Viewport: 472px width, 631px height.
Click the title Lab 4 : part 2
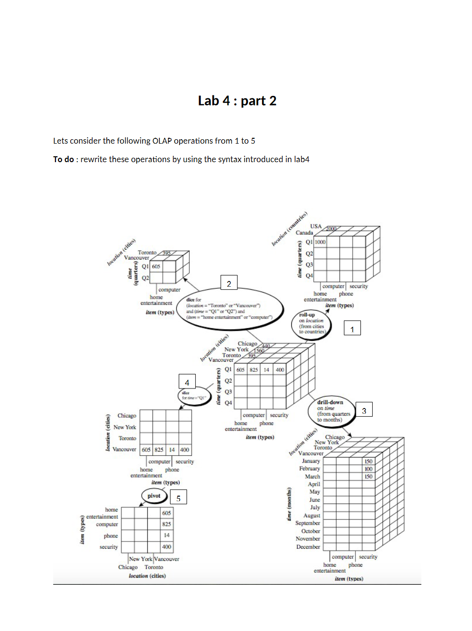pos(237,101)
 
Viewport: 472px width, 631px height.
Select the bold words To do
pos(63,159)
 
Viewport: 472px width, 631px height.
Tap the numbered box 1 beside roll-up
pos(352,329)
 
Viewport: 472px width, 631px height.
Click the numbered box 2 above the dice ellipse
pos(229,284)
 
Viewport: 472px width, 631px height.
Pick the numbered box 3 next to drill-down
pos(364,410)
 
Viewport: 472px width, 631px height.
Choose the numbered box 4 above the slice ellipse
pos(187,382)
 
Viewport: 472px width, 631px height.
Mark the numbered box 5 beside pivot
pos(178,498)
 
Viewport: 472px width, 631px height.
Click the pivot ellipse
pos(154,496)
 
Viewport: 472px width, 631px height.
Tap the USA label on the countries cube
pos(316,226)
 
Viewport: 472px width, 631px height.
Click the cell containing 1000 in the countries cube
pos(320,242)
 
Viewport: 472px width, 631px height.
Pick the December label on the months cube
pos(308,547)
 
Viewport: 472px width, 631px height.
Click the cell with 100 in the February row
pos(368,469)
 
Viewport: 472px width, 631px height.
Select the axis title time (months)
pos(289,504)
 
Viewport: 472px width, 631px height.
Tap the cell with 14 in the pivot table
pos(167,535)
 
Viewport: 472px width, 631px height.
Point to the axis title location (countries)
pos(289,228)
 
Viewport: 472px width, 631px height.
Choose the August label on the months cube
pos(312,515)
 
